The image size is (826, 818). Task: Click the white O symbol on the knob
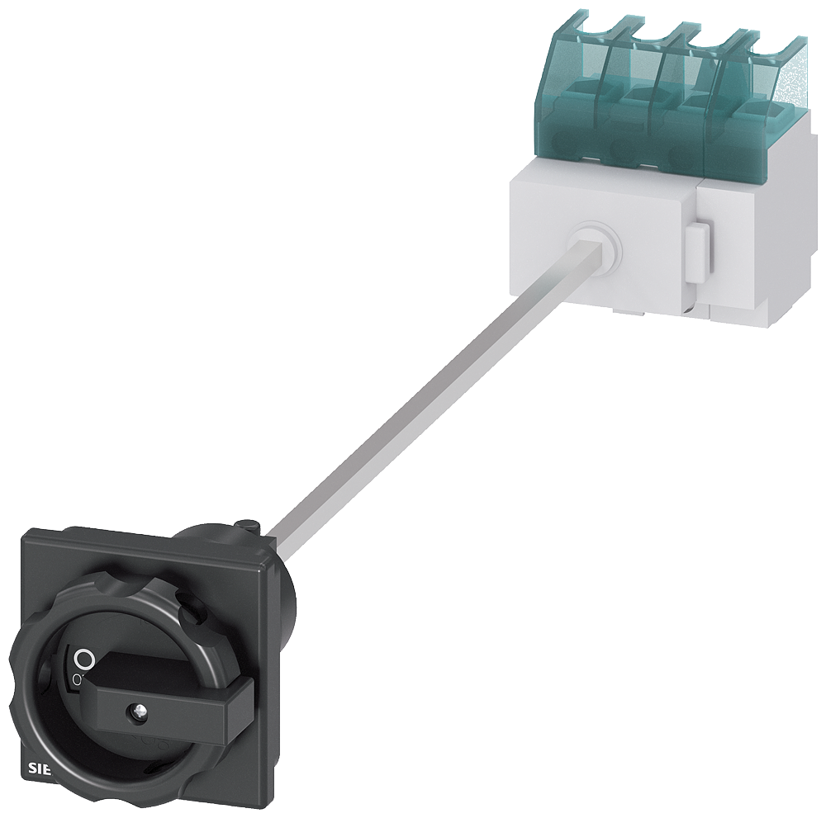(x=83, y=658)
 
